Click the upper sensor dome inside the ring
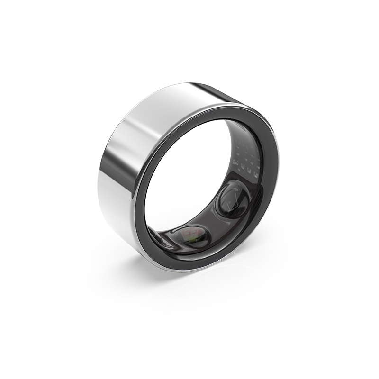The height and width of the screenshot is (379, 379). click(233, 199)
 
